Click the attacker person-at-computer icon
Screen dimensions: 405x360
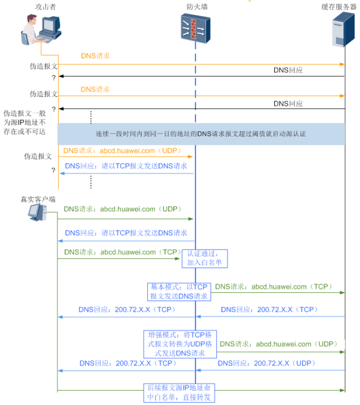[42, 31]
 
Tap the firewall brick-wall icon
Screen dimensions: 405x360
[195, 27]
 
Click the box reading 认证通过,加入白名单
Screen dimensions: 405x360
[205, 258]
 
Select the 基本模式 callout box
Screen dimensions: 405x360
[179, 292]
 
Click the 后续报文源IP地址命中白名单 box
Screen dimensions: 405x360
[178, 392]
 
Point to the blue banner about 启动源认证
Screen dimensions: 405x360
[201, 134]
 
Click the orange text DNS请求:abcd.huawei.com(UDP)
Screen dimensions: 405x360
[123, 151]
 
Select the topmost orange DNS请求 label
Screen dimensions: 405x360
[95, 56]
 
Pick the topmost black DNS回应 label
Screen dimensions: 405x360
[288, 70]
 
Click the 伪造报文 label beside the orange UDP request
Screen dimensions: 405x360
[38, 156]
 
